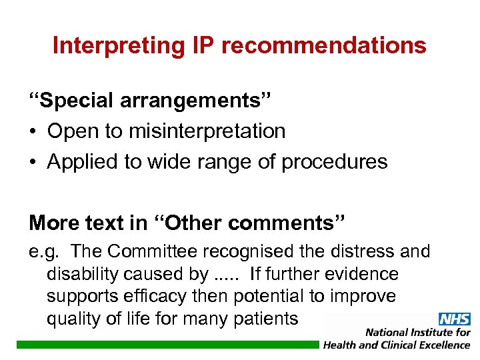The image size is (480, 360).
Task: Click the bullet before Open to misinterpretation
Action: tap(34, 132)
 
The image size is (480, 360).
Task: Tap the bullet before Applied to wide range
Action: tap(34, 161)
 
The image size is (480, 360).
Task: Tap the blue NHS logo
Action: tap(454, 319)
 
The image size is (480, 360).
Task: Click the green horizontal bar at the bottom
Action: tap(167, 344)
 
